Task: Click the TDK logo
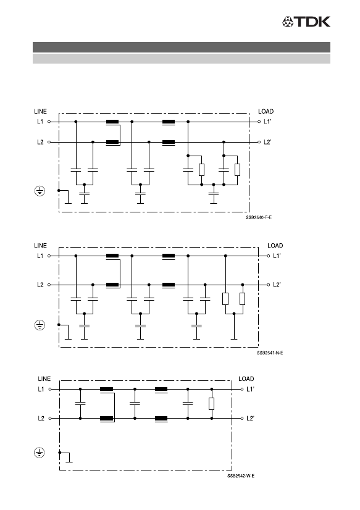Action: click(x=306, y=22)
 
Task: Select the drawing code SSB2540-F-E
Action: click(x=259, y=217)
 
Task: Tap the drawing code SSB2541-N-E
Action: click(x=270, y=353)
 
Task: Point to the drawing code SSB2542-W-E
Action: click(x=241, y=476)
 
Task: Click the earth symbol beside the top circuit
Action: click(x=40, y=191)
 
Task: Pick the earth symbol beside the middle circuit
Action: click(x=40, y=325)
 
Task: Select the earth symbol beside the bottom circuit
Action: click(x=40, y=453)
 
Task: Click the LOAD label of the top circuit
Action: click(x=266, y=111)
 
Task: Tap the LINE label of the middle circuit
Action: click(x=40, y=246)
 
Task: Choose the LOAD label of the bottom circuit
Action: click(x=246, y=378)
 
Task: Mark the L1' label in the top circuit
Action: click(x=267, y=122)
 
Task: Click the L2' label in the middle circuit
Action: click(x=277, y=285)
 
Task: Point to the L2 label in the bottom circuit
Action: click(x=41, y=418)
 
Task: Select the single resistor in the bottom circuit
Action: click(x=212, y=404)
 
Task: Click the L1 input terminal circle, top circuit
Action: click(x=49, y=122)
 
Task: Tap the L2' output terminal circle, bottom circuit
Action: click(x=242, y=418)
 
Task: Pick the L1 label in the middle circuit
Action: click(x=40, y=256)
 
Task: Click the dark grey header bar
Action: click(x=182, y=47)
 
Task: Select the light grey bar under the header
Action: click(x=182, y=59)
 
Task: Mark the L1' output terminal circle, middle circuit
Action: click(x=268, y=256)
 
